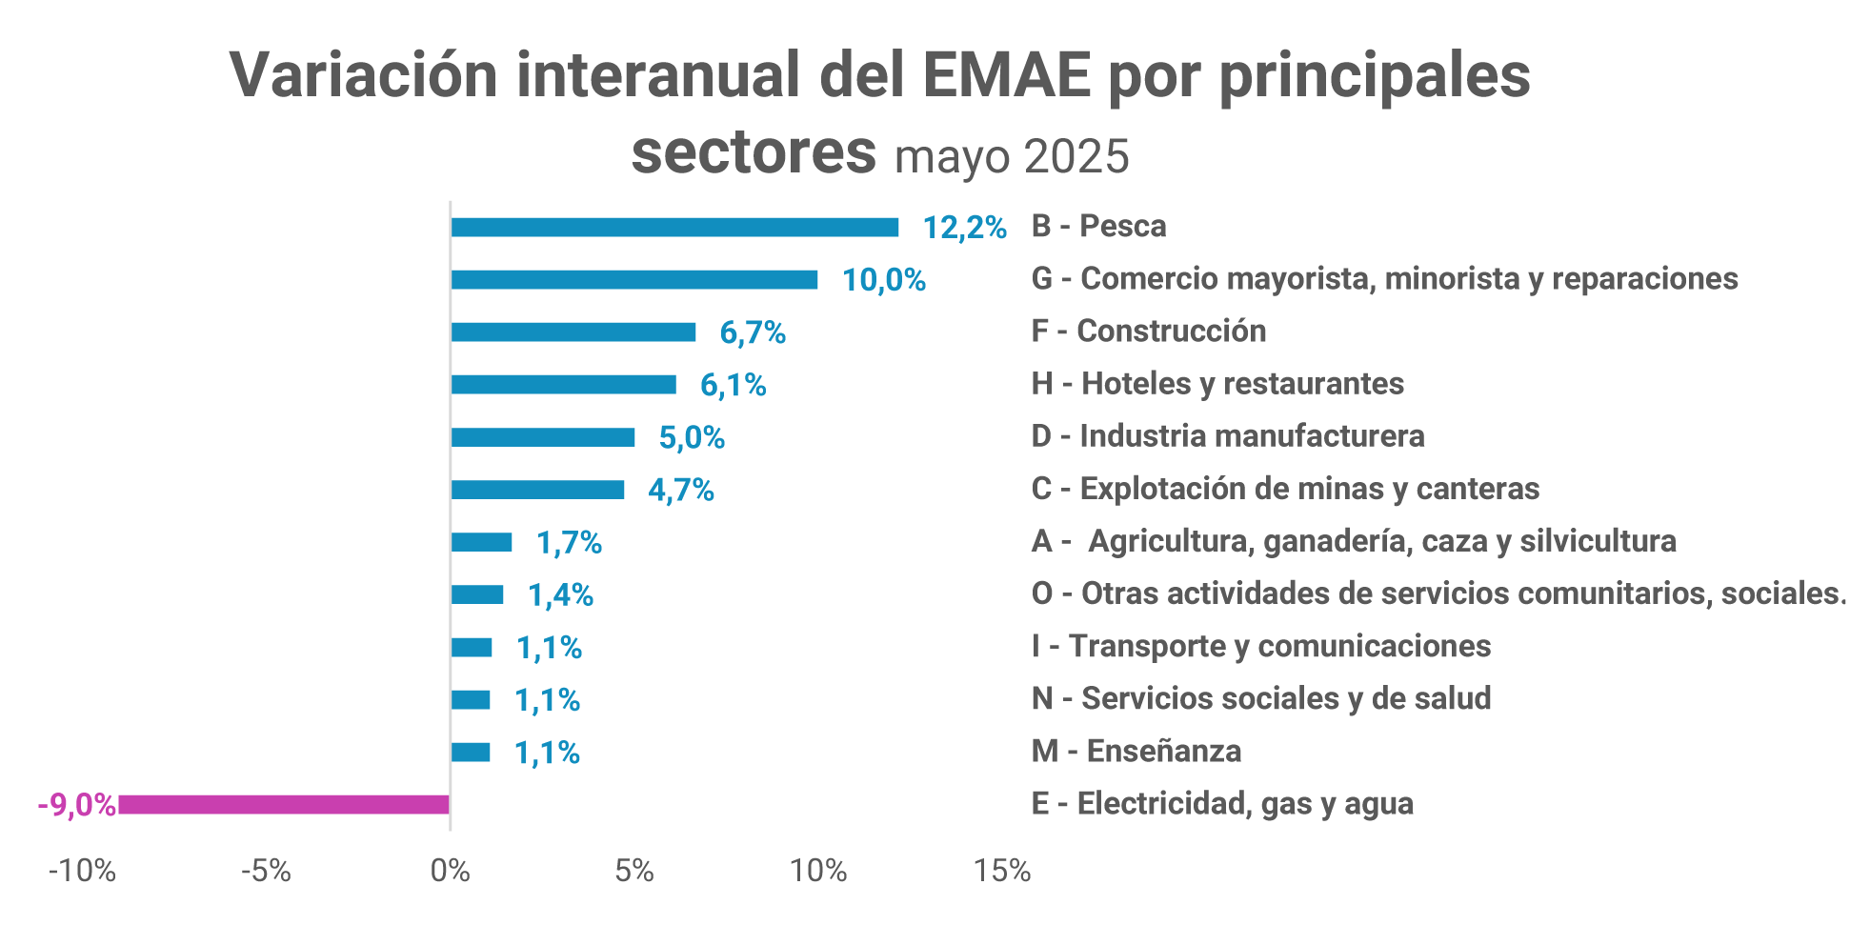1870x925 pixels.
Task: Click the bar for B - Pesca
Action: [674, 227]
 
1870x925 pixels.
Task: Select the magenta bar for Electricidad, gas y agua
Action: [283, 804]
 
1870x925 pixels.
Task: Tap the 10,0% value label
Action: [883, 280]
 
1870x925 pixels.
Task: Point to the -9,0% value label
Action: [76, 805]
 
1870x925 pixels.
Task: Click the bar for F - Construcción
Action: [573, 332]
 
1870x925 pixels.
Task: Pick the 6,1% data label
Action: [733, 385]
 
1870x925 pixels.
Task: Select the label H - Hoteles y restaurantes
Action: [1217, 384]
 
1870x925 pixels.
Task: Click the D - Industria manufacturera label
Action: [1228, 436]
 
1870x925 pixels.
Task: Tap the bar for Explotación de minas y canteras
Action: [537, 490]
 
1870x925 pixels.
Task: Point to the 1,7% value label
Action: [569, 543]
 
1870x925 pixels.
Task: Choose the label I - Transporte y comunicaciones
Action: [1261, 646]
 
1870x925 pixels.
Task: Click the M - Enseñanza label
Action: [1136, 752]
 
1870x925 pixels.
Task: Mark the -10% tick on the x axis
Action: [82, 870]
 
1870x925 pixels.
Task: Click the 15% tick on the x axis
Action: [1002, 870]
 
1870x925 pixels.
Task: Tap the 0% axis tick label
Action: [450, 870]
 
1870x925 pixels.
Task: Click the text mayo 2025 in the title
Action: [1012, 155]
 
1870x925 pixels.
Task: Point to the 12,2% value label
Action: [964, 228]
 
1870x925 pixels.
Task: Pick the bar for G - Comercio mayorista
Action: [633, 279]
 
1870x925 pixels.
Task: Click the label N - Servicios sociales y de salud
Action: [1261, 698]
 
